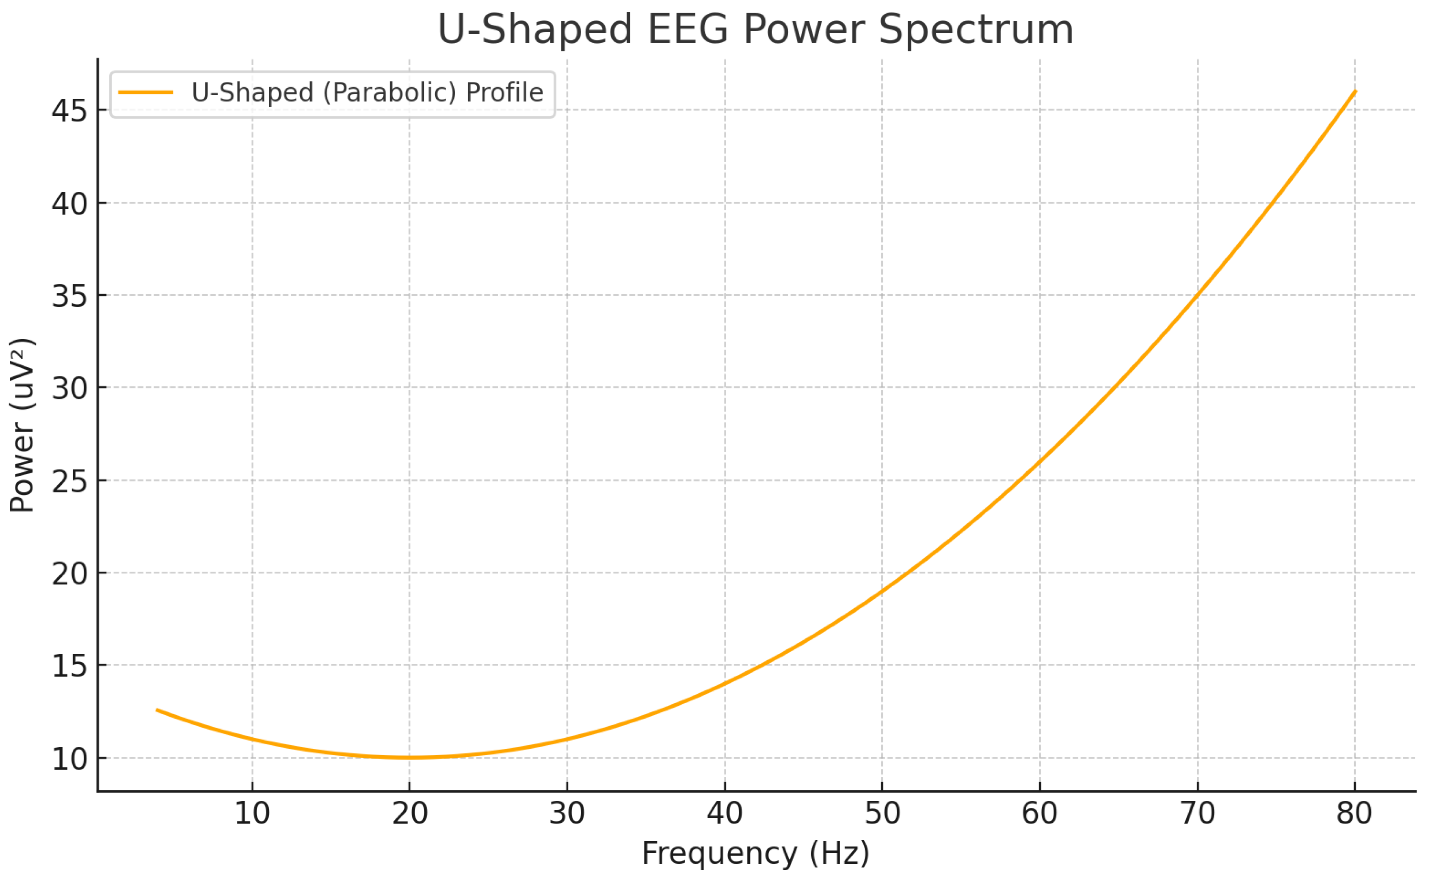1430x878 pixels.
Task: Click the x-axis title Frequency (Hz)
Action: pyautogui.click(x=755, y=853)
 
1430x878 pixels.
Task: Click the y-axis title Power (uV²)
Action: pyautogui.click(x=22, y=425)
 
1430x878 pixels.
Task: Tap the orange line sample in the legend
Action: pyautogui.click(x=146, y=92)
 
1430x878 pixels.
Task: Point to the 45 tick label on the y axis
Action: pyautogui.click(x=69, y=111)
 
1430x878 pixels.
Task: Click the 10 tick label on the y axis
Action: pyautogui.click(x=69, y=759)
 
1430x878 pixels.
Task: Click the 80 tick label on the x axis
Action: pyautogui.click(x=1354, y=813)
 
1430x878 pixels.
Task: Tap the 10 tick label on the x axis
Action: pyautogui.click(x=252, y=813)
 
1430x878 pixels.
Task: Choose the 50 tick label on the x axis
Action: pyautogui.click(x=882, y=813)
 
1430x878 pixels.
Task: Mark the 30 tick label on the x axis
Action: pyautogui.click(x=567, y=813)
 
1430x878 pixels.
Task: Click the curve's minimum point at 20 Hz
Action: pyautogui.click(x=410, y=757)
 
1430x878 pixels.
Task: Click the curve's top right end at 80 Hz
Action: pyautogui.click(x=1355, y=91)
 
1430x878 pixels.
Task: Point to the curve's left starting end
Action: pyautogui.click(x=157, y=710)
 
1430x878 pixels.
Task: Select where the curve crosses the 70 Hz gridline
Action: pyautogui.click(x=1197, y=295)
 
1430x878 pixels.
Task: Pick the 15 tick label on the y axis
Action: pyautogui.click(x=69, y=666)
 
